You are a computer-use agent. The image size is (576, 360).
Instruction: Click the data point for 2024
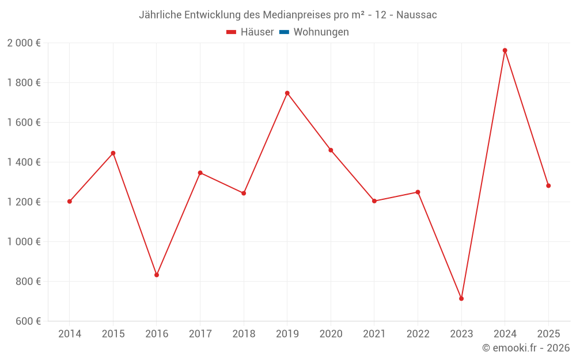[x=505, y=50]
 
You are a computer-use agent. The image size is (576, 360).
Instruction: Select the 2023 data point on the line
[x=461, y=298]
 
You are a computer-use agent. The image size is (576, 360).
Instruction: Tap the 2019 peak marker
[x=287, y=93]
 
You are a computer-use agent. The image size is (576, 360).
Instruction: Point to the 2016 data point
[x=157, y=275]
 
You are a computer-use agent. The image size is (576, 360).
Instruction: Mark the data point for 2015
[x=113, y=153]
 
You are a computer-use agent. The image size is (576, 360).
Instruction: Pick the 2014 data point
[x=70, y=202]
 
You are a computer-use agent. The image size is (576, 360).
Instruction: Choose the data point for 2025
[x=548, y=185]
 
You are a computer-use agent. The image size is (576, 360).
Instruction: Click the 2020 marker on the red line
[x=331, y=150]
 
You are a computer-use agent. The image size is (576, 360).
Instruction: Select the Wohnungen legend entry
[x=321, y=32]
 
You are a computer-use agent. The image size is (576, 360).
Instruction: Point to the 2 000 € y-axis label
[x=24, y=43]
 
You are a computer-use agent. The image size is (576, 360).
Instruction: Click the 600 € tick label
[x=28, y=321]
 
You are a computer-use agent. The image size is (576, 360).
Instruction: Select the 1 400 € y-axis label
[x=24, y=162]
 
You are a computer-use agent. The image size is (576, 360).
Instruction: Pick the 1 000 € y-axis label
[x=24, y=242]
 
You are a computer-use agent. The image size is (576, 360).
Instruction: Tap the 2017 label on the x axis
[x=200, y=334]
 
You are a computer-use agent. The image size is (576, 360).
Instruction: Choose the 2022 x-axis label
[x=418, y=334]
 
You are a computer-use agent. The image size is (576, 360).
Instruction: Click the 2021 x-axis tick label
[x=374, y=334]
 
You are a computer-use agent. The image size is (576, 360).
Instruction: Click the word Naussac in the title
[x=416, y=15]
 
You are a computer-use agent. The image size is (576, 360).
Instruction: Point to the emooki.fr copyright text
[x=526, y=348]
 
